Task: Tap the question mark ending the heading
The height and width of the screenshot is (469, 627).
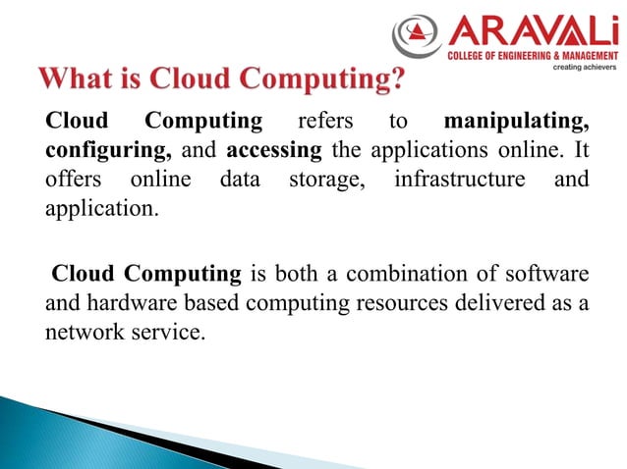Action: point(396,78)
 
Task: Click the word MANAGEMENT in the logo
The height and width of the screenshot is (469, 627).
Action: point(585,57)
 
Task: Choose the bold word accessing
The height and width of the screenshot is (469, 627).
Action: point(274,153)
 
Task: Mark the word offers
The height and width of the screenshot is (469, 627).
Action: point(74,182)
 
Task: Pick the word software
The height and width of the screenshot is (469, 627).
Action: point(550,273)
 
